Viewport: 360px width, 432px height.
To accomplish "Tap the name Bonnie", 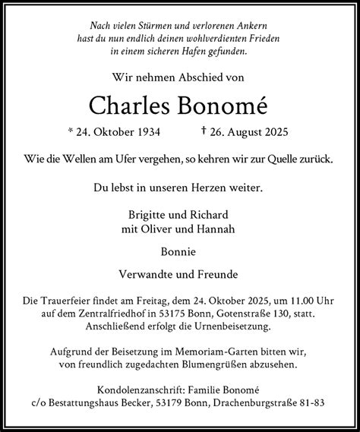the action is pos(179,251).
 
